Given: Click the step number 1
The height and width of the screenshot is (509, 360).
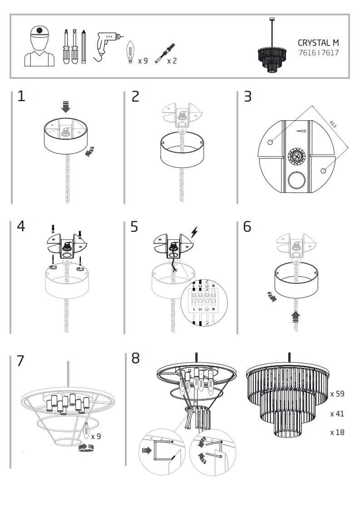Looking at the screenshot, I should pos(21,96).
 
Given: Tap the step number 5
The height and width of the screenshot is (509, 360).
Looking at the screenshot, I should pos(134,226).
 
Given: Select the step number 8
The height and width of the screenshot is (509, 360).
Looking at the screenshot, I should pos(135,358).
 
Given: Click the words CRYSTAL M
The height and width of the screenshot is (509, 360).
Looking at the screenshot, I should pos(318,43).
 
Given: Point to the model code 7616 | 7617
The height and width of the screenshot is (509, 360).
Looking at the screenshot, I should pos(318,53).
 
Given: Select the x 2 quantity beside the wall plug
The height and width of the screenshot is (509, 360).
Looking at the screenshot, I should pos(172,60).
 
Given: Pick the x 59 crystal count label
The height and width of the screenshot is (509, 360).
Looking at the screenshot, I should pos(337,394).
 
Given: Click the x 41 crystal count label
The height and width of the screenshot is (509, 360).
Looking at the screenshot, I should pos(337,414).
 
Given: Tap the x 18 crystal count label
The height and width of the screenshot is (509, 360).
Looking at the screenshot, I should pos(337,432).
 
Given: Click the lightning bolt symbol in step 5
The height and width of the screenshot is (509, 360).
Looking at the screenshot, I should pos(194,233).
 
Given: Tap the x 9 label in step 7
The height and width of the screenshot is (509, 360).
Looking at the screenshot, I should pos(96,436).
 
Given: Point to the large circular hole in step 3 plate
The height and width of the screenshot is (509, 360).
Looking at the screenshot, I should pos(297,181).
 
